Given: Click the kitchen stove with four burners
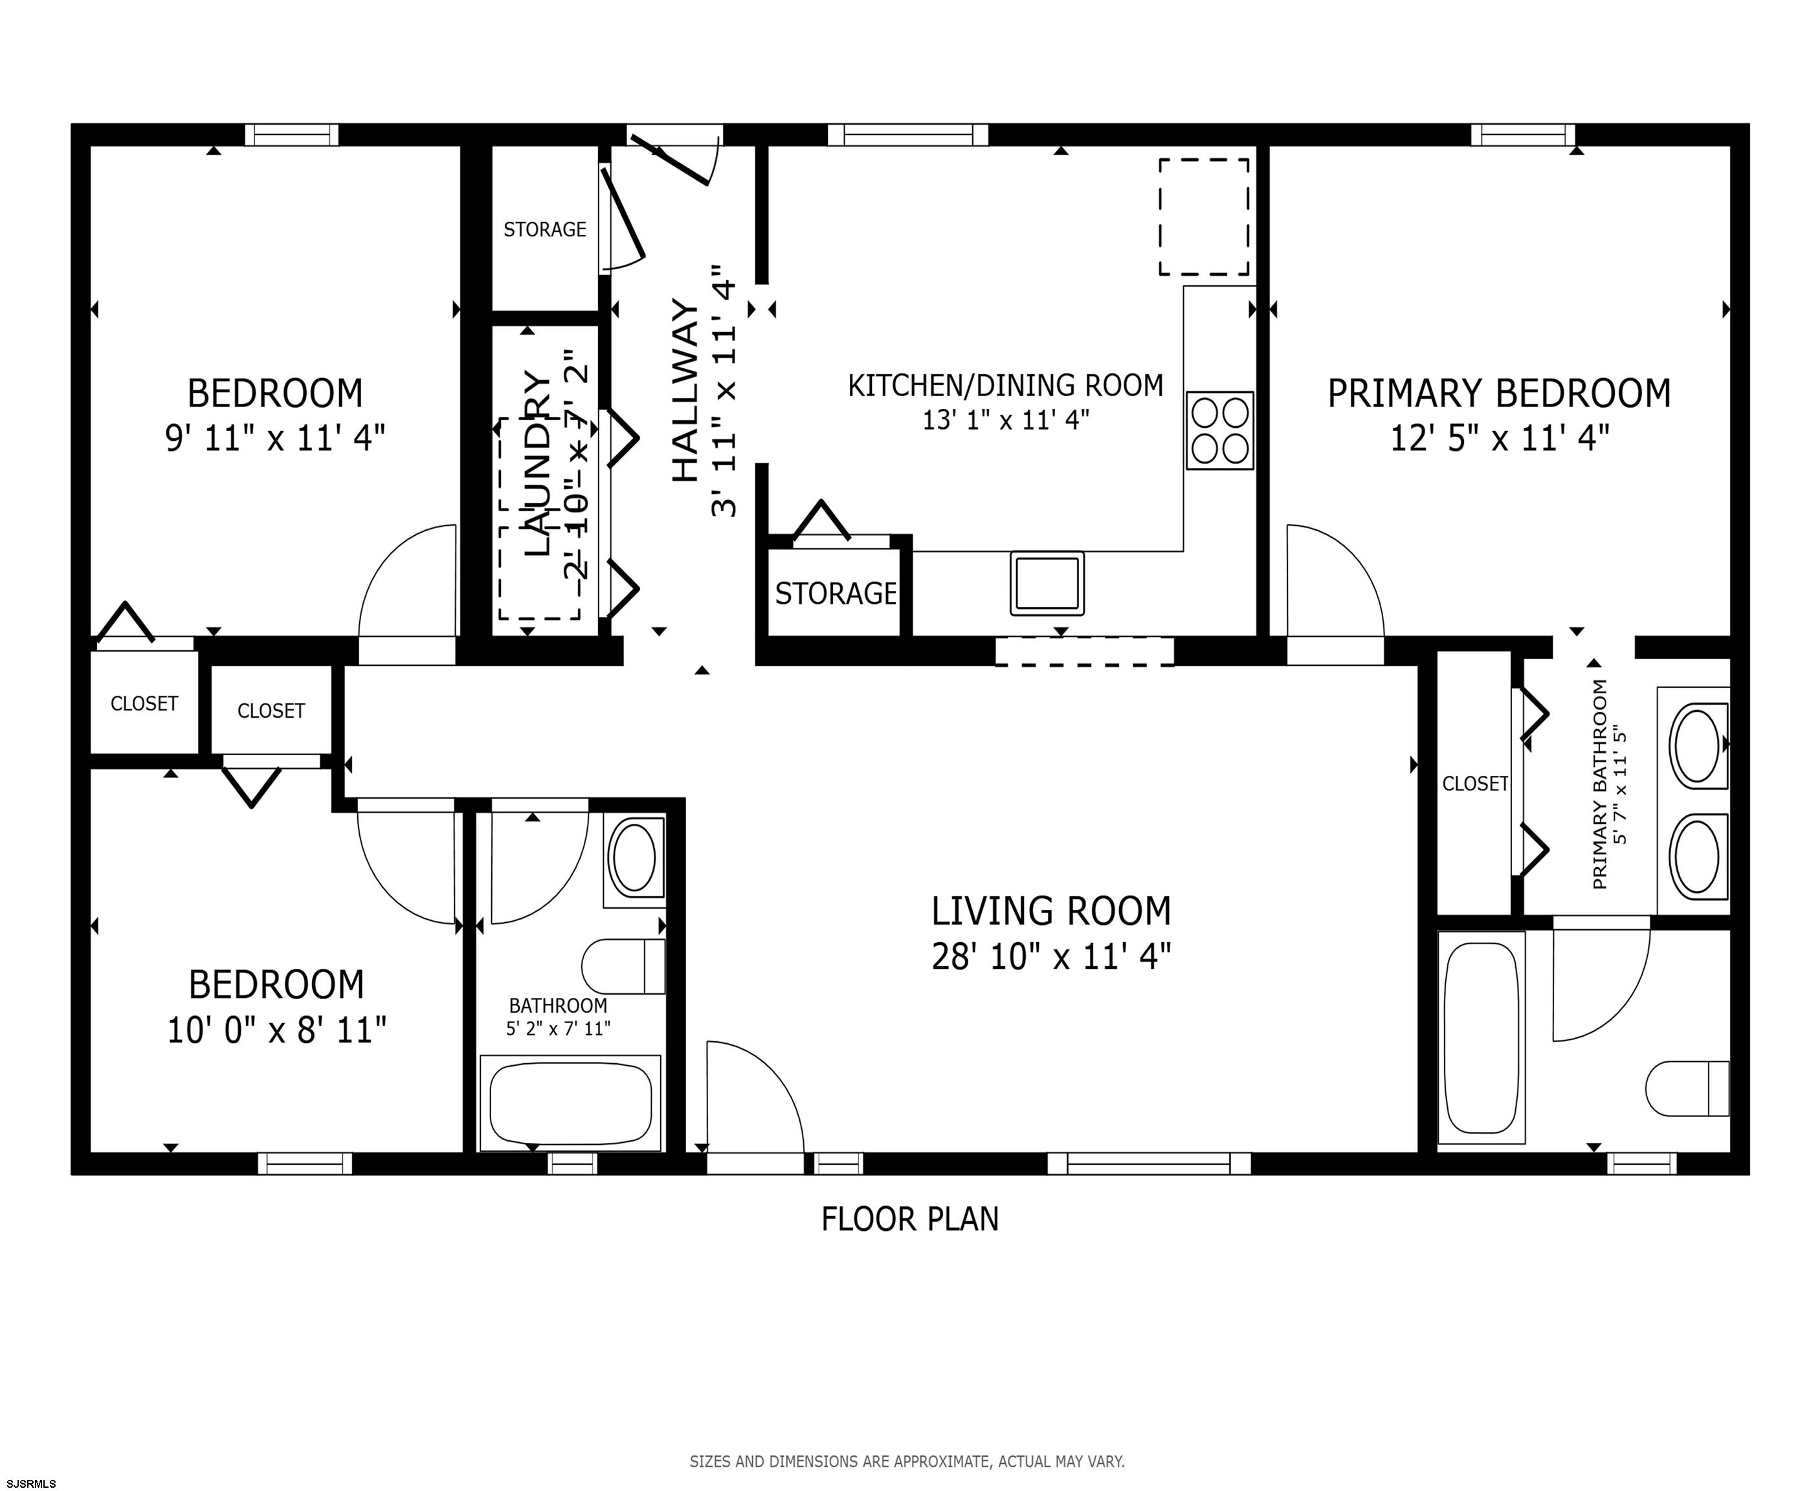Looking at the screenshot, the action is click(1219, 430).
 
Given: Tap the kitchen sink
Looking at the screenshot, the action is click(1047, 583).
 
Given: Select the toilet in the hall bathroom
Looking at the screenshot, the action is click(623, 966).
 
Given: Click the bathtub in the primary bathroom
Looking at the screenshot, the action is click(1482, 1037).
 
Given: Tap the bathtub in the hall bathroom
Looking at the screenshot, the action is click(570, 1103).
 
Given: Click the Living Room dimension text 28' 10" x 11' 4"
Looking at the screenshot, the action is click(1051, 956).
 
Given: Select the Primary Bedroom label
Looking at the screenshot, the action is click(1500, 393).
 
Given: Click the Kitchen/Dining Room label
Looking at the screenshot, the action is click(1006, 386).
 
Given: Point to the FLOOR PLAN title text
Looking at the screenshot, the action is click(911, 1220).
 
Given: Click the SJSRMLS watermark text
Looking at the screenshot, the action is click(28, 1483).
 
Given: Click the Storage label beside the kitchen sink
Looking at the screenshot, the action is click(836, 593).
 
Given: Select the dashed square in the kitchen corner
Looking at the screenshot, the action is click(1204, 216).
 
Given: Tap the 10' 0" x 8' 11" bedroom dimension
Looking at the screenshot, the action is click(276, 1030).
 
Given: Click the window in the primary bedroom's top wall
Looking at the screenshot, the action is click(1523, 135).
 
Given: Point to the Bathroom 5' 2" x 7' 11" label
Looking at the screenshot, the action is click(559, 1017).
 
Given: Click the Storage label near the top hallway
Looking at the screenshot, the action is click(544, 229).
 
